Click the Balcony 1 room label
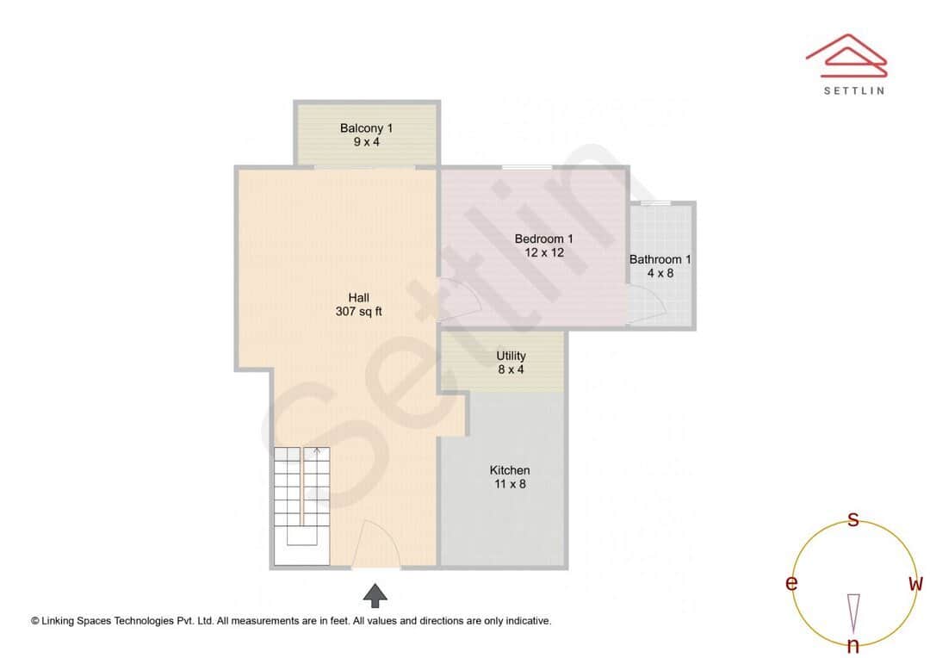tap(366, 128)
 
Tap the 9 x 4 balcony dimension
tap(366, 142)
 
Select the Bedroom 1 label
tap(543, 239)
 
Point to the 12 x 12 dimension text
tap(543, 252)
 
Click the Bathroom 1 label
tap(660, 258)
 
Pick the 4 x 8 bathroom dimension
tap(660, 273)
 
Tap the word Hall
tap(359, 298)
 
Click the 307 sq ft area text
tap(359, 312)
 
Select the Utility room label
tap(511, 356)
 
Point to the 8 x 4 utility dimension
tap(511, 369)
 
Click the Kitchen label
tap(510, 470)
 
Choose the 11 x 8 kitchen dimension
tap(510, 484)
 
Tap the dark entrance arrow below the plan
tap(375, 595)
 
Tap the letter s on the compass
tap(853, 519)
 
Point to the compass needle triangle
tap(853, 611)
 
